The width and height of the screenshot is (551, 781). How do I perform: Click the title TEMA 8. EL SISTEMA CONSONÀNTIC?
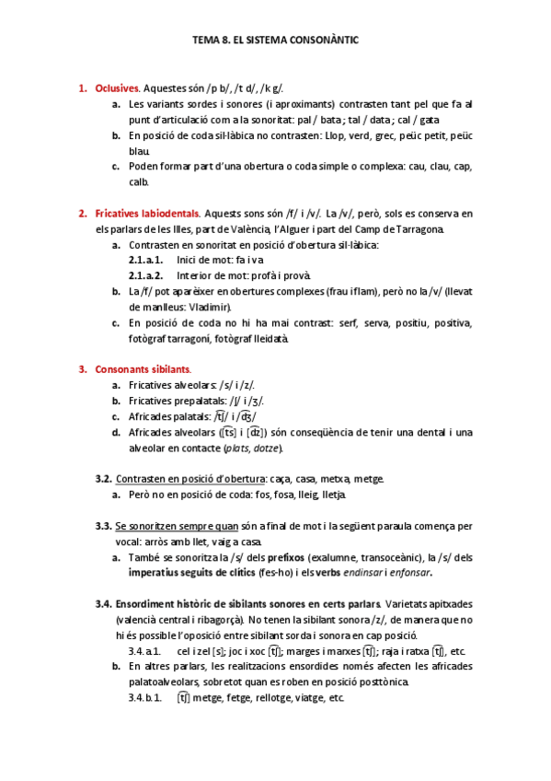(x=275, y=41)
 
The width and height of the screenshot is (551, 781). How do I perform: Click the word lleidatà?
(x=269, y=338)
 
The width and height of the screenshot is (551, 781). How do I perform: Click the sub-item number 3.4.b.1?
(x=145, y=698)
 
